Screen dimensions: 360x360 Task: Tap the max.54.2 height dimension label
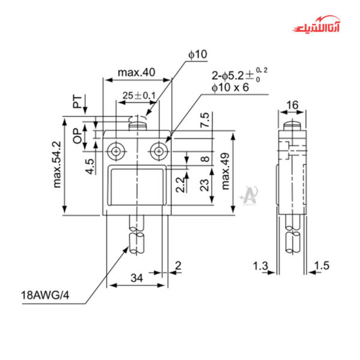point(58,164)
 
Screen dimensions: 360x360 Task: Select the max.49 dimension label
point(226,170)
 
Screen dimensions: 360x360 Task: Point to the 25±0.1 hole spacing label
point(139,95)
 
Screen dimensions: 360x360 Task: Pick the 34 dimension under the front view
point(137,278)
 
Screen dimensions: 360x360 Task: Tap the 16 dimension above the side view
point(292,106)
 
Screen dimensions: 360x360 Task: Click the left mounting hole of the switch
point(114,150)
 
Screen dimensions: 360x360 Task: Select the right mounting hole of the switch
point(159,150)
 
